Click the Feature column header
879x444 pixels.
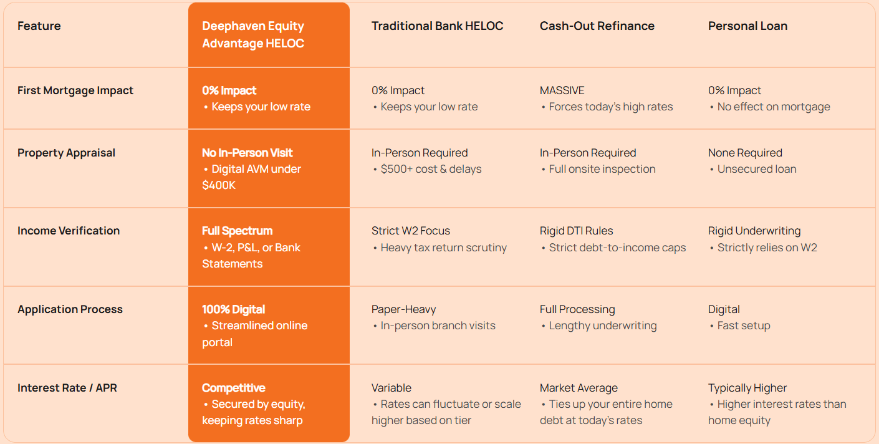pos(39,26)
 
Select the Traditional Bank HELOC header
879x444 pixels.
pos(437,26)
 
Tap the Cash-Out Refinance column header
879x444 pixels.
pos(597,26)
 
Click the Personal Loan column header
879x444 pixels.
pos(747,26)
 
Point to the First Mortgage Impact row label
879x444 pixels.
pos(75,90)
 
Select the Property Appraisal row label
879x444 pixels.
pos(66,153)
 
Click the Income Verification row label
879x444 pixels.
pos(69,231)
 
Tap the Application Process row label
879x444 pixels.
pos(70,309)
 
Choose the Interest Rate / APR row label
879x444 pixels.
pos(67,388)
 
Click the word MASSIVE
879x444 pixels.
pos(562,90)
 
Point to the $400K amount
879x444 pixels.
pos(219,185)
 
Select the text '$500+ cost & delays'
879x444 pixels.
pos(431,169)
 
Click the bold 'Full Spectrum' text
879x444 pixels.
pos(237,231)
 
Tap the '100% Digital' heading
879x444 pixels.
pos(234,309)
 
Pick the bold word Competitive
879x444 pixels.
pos(234,388)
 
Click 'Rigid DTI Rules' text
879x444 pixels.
pos(576,231)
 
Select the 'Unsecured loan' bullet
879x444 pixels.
pos(757,169)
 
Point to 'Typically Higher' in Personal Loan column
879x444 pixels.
pos(747,388)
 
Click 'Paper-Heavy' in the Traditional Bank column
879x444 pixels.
pos(403,309)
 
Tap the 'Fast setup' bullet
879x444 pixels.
pos(744,326)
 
